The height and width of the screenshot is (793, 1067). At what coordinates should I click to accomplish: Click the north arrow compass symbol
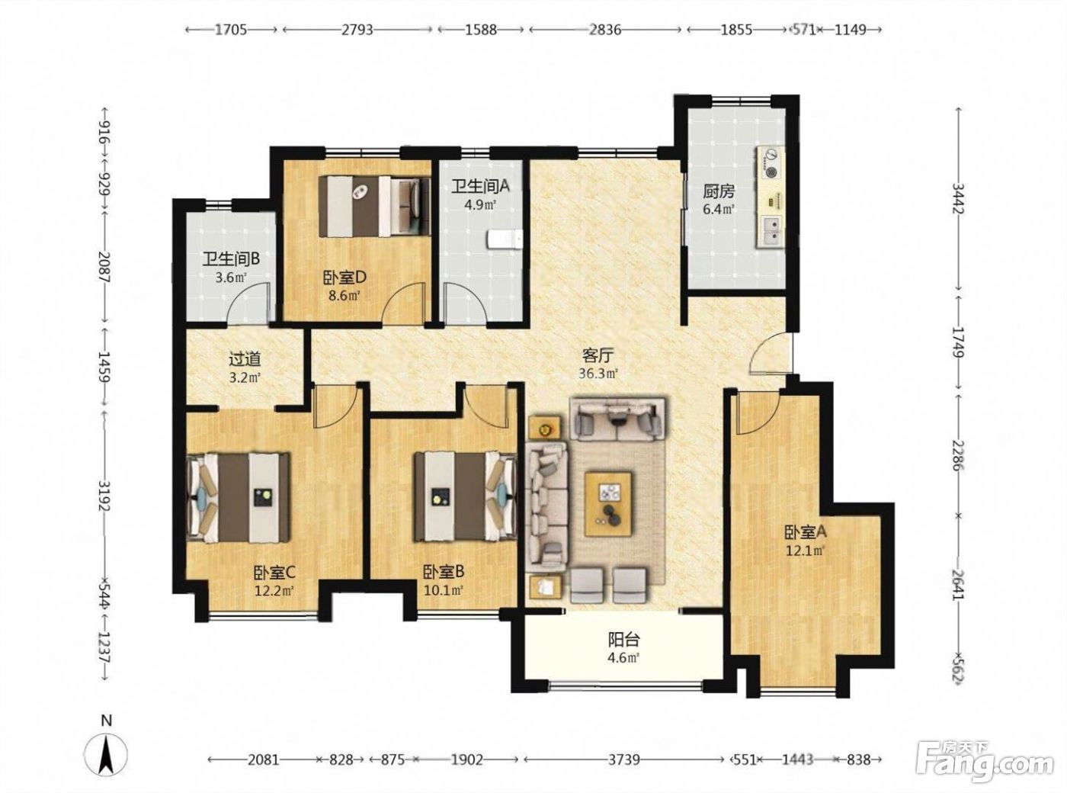tap(106, 754)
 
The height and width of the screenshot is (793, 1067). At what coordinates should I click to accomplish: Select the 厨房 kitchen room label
tap(719, 191)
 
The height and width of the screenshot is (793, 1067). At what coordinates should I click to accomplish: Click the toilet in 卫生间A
tap(504, 239)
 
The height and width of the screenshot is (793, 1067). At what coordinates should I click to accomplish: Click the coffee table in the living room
tap(608, 503)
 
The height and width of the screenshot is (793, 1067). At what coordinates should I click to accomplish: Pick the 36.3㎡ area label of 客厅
tap(598, 373)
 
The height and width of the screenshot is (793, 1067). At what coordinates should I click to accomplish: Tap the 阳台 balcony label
tap(624, 640)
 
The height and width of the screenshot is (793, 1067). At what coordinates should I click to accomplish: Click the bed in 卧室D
tap(375, 206)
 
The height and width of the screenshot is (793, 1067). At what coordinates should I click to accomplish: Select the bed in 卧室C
tap(238, 497)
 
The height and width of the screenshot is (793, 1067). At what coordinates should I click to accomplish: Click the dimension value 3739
tap(624, 759)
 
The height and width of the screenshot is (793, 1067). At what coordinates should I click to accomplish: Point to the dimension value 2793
tap(357, 30)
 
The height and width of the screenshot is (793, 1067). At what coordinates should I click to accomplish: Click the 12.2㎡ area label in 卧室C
tap(274, 590)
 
